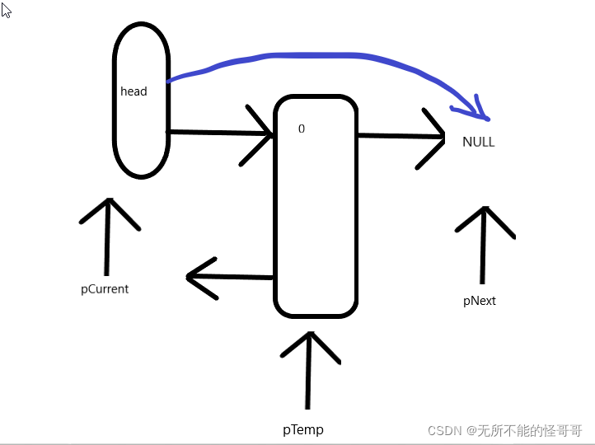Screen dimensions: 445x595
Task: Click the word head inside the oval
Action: (134, 91)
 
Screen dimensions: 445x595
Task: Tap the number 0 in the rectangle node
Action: (302, 129)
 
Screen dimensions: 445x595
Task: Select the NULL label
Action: (478, 142)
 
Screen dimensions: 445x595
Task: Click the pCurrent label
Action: (105, 289)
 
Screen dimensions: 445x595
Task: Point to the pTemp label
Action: (303, 429)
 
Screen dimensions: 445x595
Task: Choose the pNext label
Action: (480, 301)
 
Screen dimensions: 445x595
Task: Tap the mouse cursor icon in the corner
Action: (6, 9)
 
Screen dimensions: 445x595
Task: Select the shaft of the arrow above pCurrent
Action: (107, 243)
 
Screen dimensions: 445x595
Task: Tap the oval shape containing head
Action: (141, 148)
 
